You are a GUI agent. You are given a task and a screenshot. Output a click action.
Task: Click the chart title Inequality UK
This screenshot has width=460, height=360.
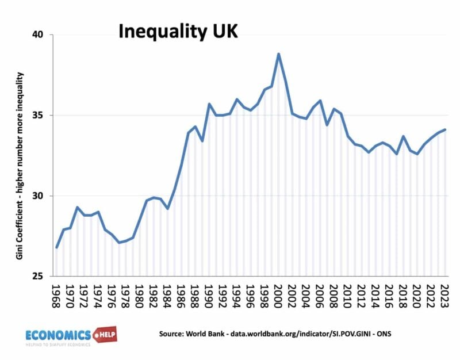[178, 32]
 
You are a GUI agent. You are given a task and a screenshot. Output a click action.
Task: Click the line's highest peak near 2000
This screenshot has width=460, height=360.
[278, 54]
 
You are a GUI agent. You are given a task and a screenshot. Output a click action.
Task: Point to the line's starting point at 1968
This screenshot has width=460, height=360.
[57, 247]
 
